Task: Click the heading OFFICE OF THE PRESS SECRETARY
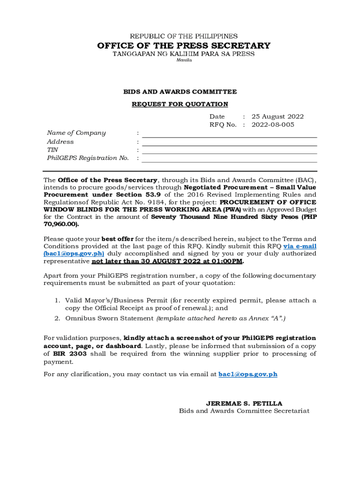coord(183,45)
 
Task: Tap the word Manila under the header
coord(183,61)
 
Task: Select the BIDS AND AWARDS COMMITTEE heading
coord(180,92)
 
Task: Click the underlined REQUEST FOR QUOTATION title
coord(180,104)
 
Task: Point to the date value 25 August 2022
coord(278,116)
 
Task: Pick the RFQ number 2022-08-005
coord(273,125)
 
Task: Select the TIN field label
coord(52,150)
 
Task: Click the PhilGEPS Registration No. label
coord(88,158)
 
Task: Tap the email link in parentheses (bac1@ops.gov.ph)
coord(73,254)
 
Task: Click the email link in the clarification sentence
coord(248,374)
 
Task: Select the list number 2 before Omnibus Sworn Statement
coord(56,318)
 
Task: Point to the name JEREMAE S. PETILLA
coord(244,403)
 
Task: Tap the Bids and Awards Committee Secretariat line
coord(244,411)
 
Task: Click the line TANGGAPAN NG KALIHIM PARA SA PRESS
coord(183,54)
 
